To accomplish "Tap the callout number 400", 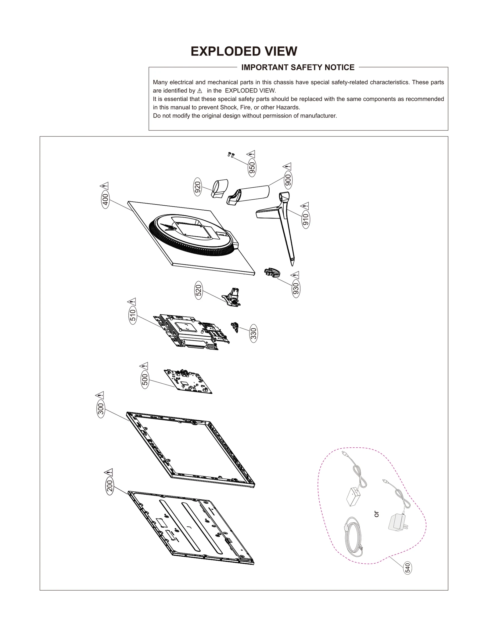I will [x=105, y=200].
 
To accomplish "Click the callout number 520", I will [x=199, y=291].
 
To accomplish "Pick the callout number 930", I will [x=296, y=289].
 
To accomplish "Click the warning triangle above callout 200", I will [x=109, y=473].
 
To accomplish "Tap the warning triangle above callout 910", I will [x=305, y=206].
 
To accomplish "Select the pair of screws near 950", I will [x=231, y=155].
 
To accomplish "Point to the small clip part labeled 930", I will [x=272, y=272].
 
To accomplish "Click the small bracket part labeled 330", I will [x=235, y=327].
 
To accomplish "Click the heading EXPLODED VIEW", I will [x=244, y=51].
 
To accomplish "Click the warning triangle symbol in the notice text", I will [x=200, y=91].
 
